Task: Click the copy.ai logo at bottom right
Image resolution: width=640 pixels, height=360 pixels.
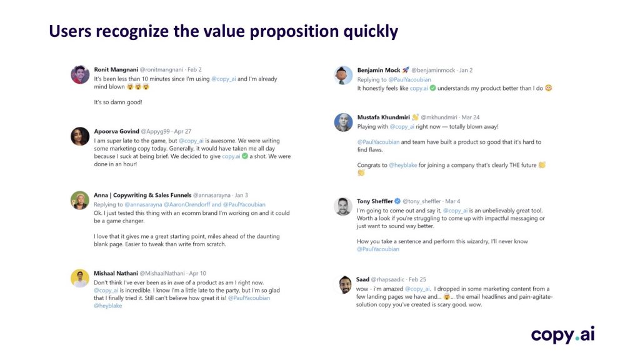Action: pos(562,335)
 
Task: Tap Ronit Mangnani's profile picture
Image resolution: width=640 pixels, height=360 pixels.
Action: pos(80,75)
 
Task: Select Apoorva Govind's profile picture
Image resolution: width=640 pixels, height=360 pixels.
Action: pos(80,136)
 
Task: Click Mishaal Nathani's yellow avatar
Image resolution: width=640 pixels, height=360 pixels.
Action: pos(80,278)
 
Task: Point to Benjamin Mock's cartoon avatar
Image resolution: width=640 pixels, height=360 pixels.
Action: pos(343,75)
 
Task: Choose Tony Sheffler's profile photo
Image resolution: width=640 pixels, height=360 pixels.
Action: pos(343,206)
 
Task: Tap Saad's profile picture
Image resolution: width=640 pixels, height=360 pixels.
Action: pos(345,284)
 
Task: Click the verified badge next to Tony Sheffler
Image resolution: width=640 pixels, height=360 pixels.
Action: pos(397,201)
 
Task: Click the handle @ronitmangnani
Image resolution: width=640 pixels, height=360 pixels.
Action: pos(161,69)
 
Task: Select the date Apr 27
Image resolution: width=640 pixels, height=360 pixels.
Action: pos(182,131)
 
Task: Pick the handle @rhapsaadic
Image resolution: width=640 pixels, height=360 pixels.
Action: pos(387,279)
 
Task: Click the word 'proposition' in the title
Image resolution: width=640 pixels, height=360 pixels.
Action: pos(294,31)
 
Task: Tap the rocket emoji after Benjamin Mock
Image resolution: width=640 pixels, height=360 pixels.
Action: pos(405,70)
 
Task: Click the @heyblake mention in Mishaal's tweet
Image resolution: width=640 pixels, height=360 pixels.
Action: pos(107,305)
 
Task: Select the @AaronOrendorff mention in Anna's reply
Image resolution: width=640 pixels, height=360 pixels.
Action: pos(186,204)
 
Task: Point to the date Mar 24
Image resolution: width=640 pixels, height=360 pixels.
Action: pos(470,117)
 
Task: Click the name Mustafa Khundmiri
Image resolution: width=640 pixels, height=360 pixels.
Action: pos(383,117)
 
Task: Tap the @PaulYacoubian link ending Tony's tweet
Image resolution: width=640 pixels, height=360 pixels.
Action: pos(378,249)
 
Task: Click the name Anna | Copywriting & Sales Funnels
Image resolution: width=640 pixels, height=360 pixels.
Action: pos(142,195)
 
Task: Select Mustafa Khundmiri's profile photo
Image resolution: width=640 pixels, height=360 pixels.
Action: pos(343,122)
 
